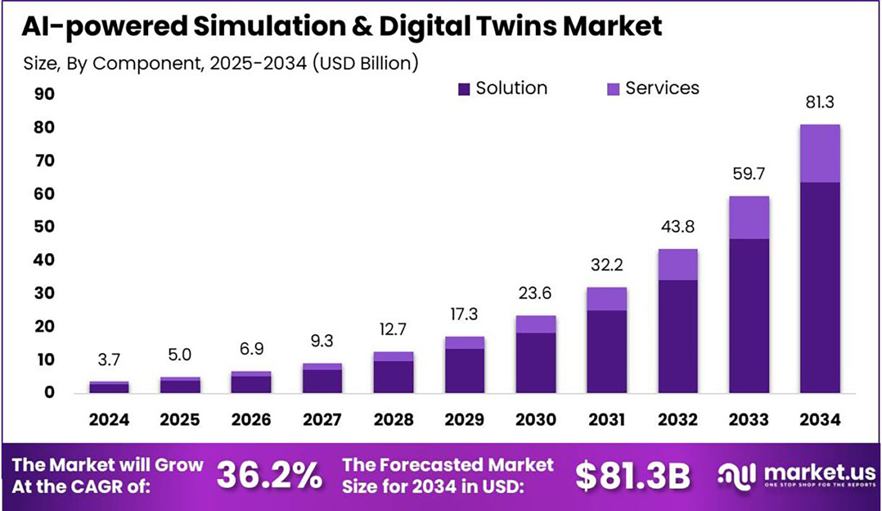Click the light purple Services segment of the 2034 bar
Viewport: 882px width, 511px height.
tap(820, 153)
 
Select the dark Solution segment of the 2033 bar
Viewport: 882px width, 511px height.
tap(749, 316)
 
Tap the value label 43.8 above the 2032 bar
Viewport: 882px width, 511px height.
tap(677, 227)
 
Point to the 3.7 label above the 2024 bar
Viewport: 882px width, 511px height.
tap(109, 360)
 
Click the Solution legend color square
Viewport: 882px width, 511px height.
tap(464, 89)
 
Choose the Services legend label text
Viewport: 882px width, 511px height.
tap(662, 88)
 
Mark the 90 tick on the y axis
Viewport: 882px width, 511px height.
tap(44, 94)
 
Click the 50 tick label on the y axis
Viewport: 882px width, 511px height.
tap(44, 227)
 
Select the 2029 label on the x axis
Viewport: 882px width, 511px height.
tap(464, 419)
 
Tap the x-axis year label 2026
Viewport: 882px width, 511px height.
tap(251, 419)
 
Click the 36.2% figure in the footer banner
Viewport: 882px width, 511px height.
tap(269, 475)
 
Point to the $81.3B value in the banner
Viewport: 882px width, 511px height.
tap(633, 476)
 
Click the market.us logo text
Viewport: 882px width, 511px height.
tap(819, 472)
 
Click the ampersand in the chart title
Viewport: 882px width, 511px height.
tap(362, 26)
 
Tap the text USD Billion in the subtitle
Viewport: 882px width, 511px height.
tap(366, 63)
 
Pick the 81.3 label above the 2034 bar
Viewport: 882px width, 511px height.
tap(819, 102)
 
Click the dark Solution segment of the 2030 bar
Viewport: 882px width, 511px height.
tap(536, 363)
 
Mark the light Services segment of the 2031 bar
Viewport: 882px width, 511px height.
tap(607, 299)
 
